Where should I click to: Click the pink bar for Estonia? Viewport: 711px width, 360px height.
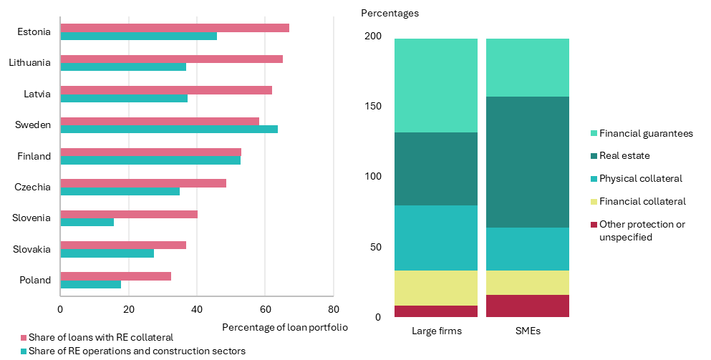(175, 28)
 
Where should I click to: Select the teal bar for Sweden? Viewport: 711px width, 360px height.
(169, 130)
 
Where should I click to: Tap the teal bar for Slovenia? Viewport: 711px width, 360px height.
(87, 222)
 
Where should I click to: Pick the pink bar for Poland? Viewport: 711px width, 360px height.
(115, 276)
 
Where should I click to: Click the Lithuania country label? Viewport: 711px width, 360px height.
(29, 62)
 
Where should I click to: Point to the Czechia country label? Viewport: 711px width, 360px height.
(33, 187)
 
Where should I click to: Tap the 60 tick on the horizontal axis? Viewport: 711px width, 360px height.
(265, 309)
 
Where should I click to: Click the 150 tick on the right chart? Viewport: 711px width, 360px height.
(373, 106)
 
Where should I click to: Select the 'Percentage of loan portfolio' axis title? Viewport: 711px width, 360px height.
(285, 327)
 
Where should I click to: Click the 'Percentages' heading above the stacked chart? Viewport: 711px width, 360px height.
(390, 13)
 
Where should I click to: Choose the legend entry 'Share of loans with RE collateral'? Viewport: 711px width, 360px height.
(97, 337)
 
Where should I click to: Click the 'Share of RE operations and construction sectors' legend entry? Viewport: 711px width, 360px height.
(133, 351)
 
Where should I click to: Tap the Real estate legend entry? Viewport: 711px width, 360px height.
(620, 155)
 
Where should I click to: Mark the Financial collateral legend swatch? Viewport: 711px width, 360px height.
(594, 201)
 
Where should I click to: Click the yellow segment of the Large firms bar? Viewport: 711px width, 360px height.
(436, 288)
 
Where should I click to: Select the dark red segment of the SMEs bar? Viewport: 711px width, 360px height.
(528, 306)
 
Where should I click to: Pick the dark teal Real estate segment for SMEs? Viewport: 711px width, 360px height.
(528, 162)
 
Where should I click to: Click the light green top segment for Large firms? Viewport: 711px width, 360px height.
(436, 86)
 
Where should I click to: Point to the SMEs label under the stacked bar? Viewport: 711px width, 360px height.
(528, 331)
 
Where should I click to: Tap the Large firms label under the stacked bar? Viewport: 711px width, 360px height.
(437, 331)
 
